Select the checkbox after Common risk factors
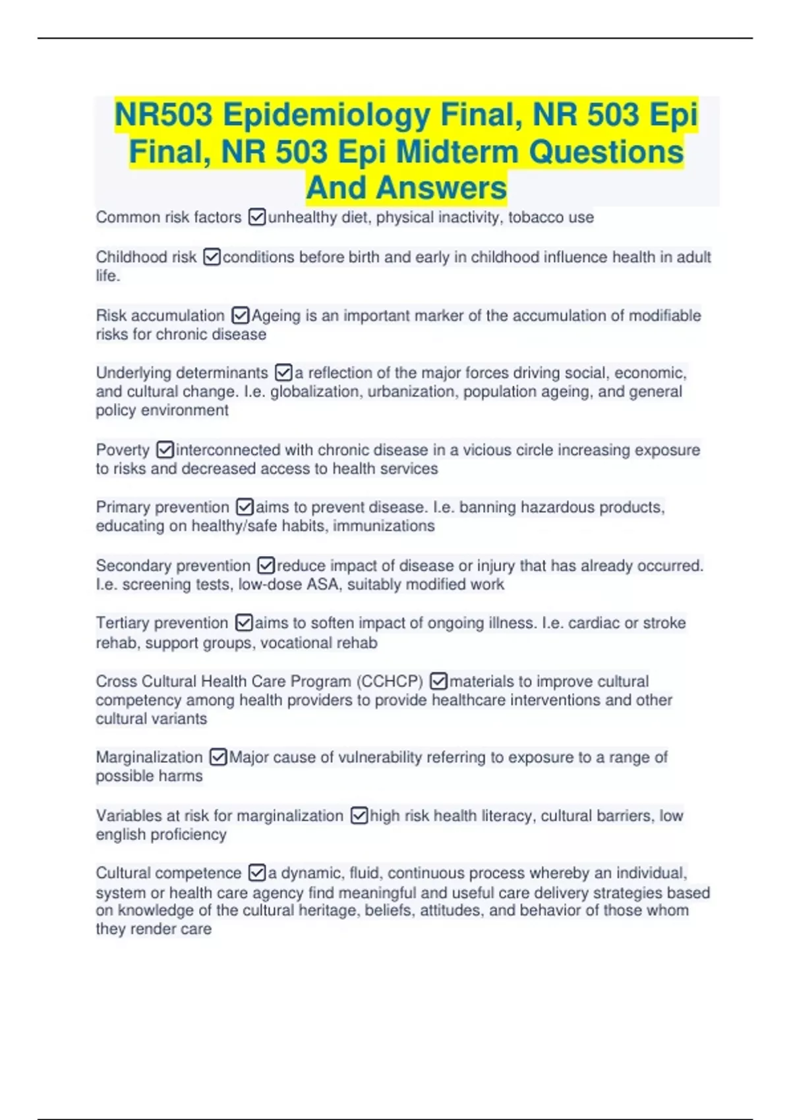(257, 217)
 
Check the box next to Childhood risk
(212, 257)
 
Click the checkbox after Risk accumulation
(241, 316)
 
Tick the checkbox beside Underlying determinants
(283, 373)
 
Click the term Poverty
(123, 450)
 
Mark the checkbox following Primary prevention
(245, 507)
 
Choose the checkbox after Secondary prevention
(266, 565)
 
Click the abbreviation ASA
(322, 584)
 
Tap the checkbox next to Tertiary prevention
(244, 623)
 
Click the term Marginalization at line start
(149, 757)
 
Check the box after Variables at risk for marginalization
(359, 816)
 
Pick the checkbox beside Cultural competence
(257, 873)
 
